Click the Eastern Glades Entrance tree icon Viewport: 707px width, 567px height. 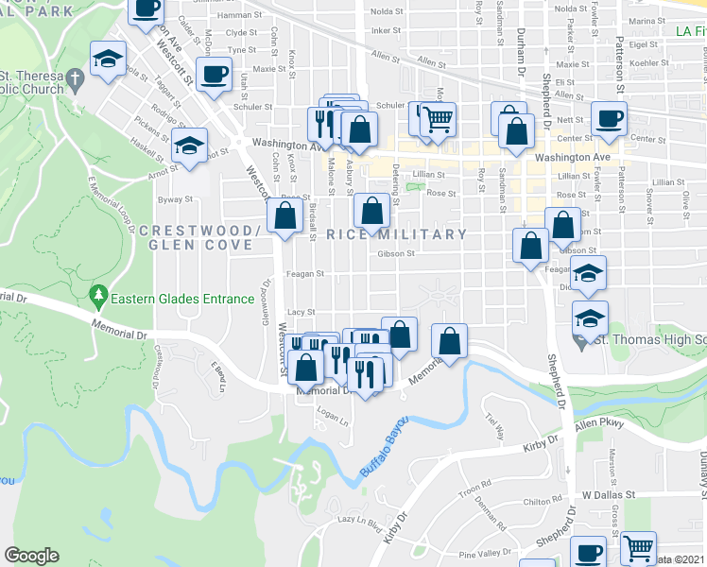[x=98, y=298]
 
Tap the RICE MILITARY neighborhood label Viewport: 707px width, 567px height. [x=397, y=234]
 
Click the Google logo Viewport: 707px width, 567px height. [x=31, y=556]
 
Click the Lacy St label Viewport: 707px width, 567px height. [x=301, y=312]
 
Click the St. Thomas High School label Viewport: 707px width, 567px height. [x=652, y=339]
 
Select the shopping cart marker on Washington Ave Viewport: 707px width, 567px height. [x=437, y=119]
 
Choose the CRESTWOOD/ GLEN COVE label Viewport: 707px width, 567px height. [x=196, y=237]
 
